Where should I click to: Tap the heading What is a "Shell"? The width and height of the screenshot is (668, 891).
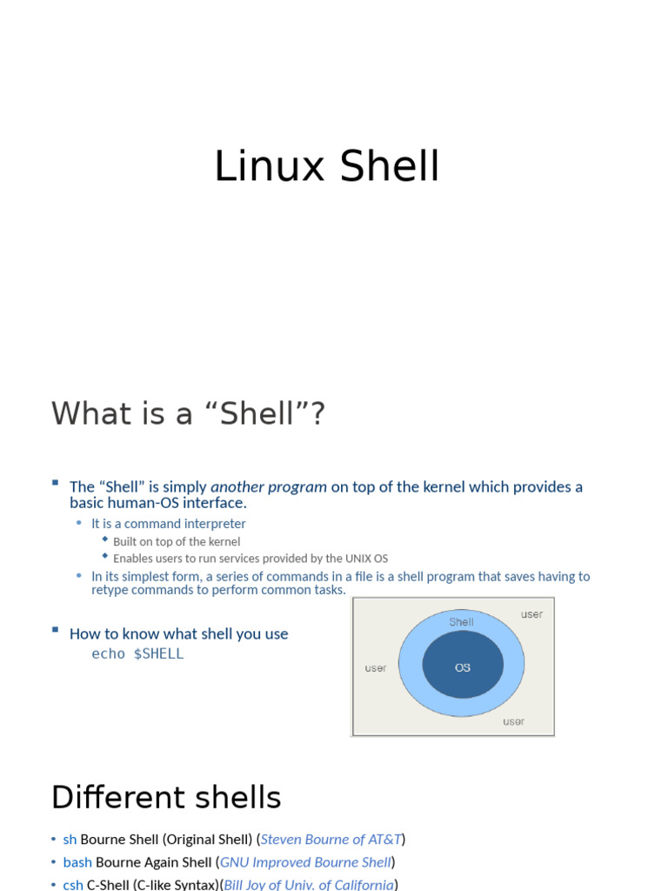point(188,414)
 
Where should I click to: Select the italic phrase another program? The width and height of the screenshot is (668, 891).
point(269,487)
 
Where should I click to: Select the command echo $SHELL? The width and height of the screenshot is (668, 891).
point(137,654)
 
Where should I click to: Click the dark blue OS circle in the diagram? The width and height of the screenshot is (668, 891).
point(463,667)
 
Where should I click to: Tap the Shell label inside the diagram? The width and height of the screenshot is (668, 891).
point(461,622)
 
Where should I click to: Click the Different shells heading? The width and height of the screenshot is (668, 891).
point(166,798)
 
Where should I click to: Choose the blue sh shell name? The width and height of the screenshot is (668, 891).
point(70,840)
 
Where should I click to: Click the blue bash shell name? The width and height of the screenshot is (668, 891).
point(77,862)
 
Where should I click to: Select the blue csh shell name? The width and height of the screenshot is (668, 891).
point(73,884)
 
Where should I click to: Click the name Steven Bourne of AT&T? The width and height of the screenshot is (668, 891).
point(331,840)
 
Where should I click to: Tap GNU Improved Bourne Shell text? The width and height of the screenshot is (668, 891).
point(305,862)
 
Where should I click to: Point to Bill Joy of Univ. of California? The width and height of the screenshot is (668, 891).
point(309,884)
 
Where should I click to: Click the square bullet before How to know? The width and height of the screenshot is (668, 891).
point(55,629)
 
